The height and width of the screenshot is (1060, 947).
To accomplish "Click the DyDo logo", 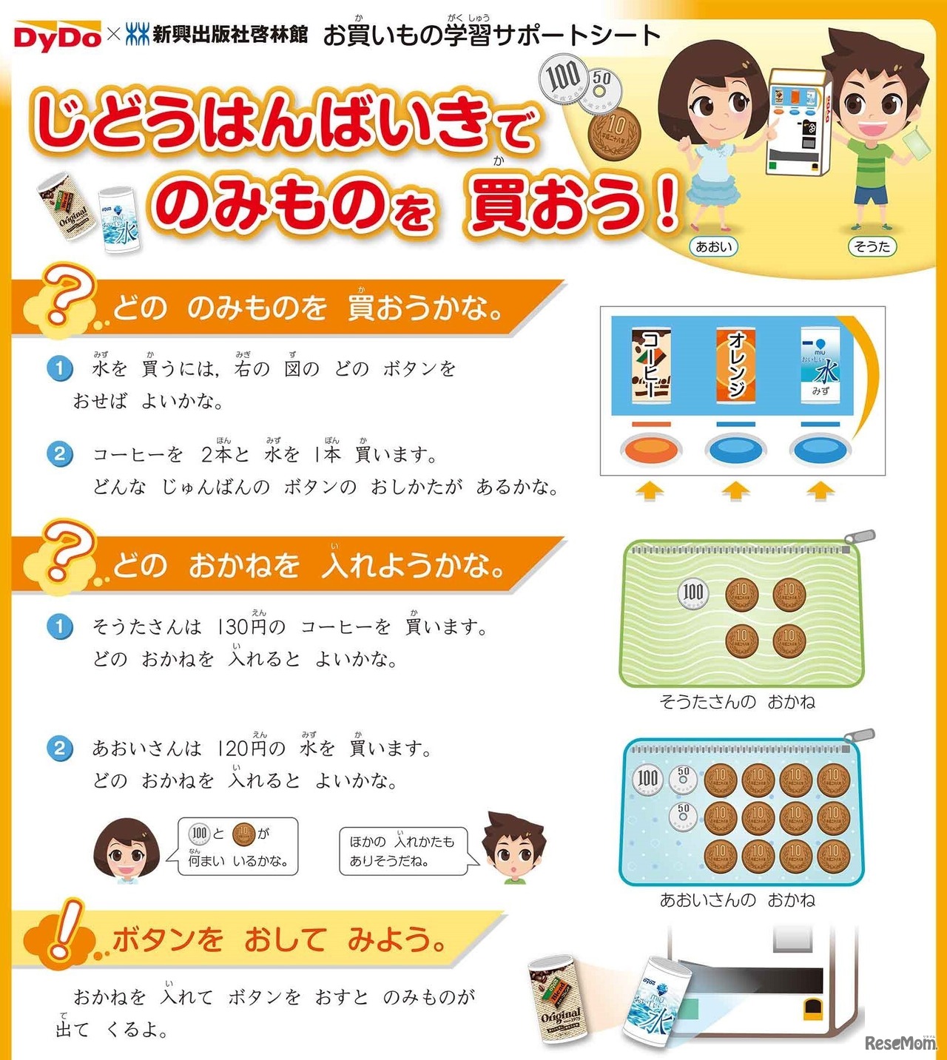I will tap(57, 36).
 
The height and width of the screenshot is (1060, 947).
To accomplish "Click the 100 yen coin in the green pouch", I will tap(693, 593).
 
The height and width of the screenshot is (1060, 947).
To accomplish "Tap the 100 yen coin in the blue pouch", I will tap(647, 778).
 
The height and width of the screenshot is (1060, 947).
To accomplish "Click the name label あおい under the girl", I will tap(712, 246).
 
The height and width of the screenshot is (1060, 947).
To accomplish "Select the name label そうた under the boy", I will tap(872, 246).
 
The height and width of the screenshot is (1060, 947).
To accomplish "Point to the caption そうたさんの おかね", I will tap(737, 701).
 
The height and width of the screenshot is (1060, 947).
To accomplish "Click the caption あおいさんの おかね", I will tap(737, 899).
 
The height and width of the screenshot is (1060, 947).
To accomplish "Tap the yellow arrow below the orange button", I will tap(650, 490).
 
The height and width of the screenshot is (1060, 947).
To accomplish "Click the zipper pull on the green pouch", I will tap(863, 538).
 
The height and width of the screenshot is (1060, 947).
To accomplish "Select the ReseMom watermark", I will tap(900, 1043).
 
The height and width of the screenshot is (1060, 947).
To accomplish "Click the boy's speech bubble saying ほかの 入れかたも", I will tap(403, 851).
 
